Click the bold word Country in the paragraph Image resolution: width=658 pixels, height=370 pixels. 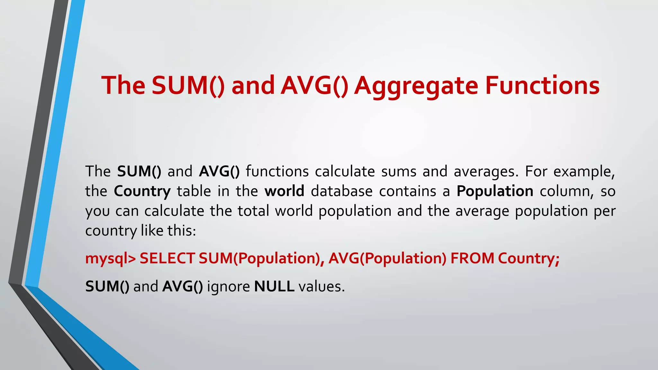pyautogui.click(x=142, y=191)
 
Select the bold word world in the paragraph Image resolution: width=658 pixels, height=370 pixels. pyautogui.click(x=284, y=191)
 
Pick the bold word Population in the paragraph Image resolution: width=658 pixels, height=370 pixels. pyautogui.click(x=495, y=191)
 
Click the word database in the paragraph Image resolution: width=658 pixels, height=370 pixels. pyautogui.click(x=342, y=191)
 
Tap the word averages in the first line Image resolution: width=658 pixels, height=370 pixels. pyautogui.click(x=486, y=172)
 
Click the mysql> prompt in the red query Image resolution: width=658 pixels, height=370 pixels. pyautogui.click(x=111, y=259)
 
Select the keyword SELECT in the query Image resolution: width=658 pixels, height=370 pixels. pyautogui.click(x=167, y=259)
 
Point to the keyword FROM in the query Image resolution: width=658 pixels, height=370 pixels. pyautogui.click(x=472, y=259)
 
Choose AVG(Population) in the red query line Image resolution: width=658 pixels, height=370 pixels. pyautogui.click(x=387, y=259)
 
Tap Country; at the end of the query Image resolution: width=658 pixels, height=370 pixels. pyautogui.click(x=529, y=259)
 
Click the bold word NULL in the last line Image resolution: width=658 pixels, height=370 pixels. pyautogui.click(x=274, y=286)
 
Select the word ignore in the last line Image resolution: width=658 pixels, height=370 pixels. pyautogui.click(x=228, y=286)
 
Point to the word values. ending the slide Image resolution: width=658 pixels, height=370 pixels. pyautogui.click(x=322, y=286)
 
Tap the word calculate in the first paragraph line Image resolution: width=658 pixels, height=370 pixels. pyautogui.click(x=345, y=172)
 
